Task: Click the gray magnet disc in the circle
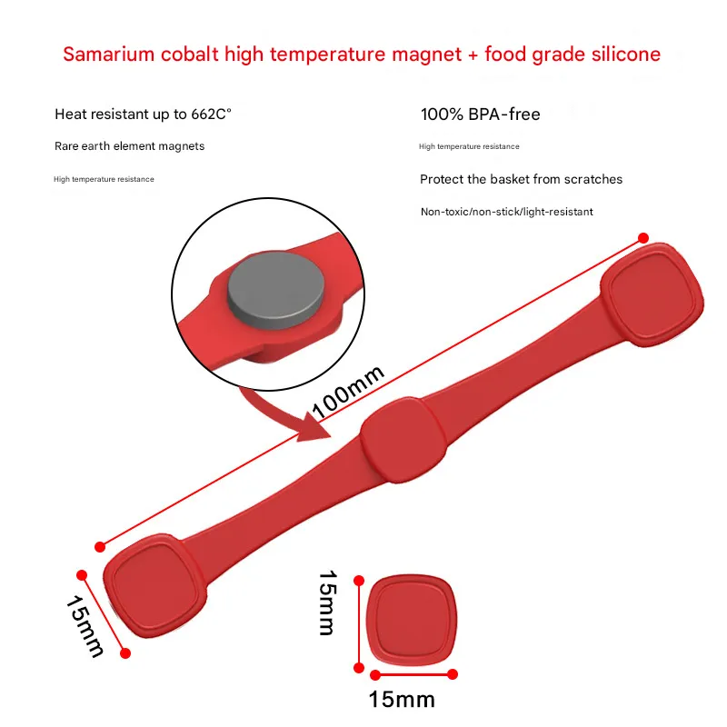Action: point(276,291)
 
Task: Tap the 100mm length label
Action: point(348,393)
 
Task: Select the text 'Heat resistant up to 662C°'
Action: point(143,115)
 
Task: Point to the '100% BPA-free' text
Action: point(481,115)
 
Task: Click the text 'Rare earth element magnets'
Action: point(129,146)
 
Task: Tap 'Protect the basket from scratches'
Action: point(521,179)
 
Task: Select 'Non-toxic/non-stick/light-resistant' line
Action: point(507,212)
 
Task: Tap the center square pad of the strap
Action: point(403,440)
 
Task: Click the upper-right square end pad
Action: point(652,294)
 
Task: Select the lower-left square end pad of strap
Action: point(154,585)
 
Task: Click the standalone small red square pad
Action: point(412,621)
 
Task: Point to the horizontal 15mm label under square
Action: point(402,699)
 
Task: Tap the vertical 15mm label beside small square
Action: point(327,603)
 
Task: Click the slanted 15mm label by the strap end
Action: point(85,626)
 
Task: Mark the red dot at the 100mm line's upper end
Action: point(643,238)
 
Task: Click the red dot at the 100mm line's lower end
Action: point(100,547)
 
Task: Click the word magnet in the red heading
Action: point(427,55)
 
